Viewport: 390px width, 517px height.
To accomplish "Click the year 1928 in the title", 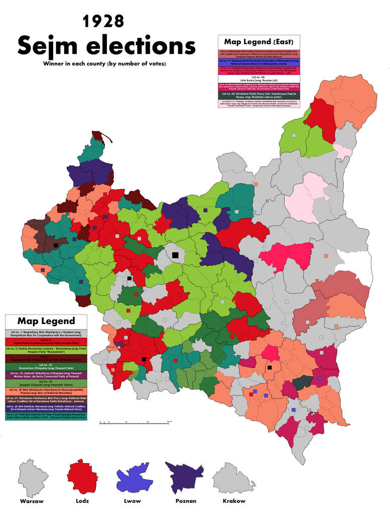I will point(103,21).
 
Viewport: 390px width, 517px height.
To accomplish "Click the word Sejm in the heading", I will point(50,46).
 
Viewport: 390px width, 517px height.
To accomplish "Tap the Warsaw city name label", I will point(32,501).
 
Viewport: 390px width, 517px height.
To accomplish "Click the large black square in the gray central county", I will point(175,255).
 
